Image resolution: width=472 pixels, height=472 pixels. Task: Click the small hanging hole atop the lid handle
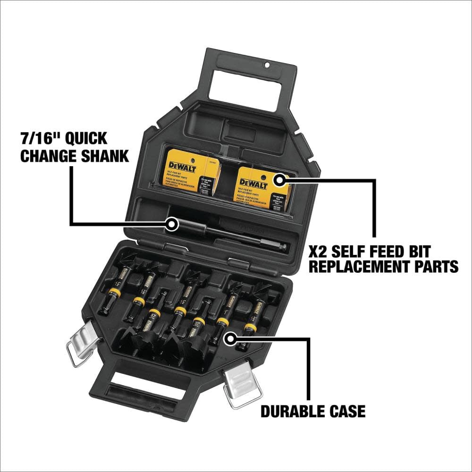coord(267,65)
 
